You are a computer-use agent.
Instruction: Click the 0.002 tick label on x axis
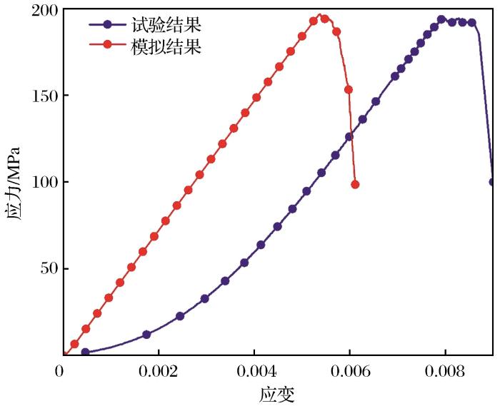[x=159, y=372]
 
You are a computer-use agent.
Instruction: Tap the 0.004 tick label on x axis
[x=254, y=372]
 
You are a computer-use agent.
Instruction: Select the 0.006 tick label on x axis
[x=350, y=372]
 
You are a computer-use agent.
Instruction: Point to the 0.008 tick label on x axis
[x=445, y=372]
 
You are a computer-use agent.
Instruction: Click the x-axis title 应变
[x=278, y=393]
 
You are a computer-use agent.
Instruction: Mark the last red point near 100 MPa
[x=355, y=184]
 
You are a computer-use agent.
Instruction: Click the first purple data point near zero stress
[x=86, y=352]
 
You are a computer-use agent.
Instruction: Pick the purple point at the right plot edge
[x=493, y=182]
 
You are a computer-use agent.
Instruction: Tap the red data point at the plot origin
[x=64, y=354]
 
